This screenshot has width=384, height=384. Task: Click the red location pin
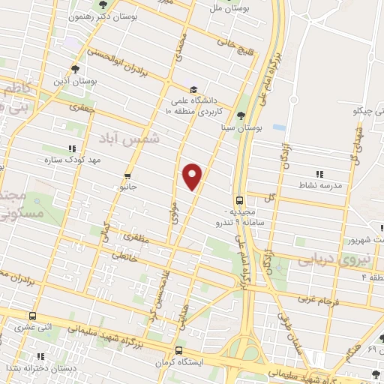tap(193, 175)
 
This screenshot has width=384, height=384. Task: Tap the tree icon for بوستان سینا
tap(240, 115)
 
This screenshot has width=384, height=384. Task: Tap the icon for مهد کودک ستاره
tap(72, 148)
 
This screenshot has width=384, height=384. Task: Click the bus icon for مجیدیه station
tap(238, 200)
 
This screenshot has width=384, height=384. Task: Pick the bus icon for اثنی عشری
tap(31, 316)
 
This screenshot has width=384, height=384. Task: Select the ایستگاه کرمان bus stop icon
tap(178, 350)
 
